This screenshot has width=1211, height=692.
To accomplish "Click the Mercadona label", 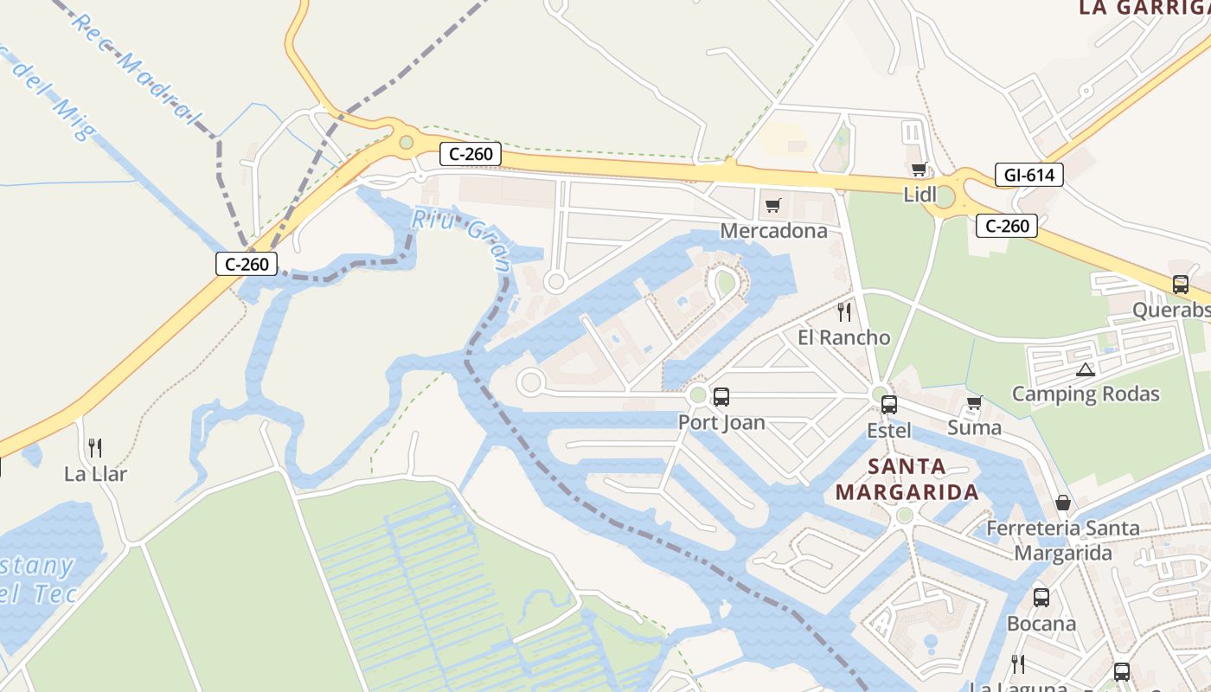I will pyautogui.click(x=773, y=231).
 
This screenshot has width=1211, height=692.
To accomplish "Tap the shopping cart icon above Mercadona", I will pyautogui.click(x=772, y=206).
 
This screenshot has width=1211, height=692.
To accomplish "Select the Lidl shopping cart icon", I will pyautogui.click(x=919, y=170).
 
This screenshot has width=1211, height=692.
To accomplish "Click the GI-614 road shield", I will pyautogui.click(x=1028, y=176).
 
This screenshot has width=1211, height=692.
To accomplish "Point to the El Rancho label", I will pyautogui.click(x=843, y=337).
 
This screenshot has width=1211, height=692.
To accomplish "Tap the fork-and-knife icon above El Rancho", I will pyautogui.click(x=844, y=312).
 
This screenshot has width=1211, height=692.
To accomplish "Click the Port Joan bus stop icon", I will pyautogui.click(x=721, y=397).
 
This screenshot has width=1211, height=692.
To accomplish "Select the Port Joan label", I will pyautogui.click(x=721, y=422).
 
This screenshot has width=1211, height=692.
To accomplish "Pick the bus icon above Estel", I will pyautogui.click(x=888, y=405).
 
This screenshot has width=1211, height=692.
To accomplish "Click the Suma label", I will pyautogui.click(x=974, y=427).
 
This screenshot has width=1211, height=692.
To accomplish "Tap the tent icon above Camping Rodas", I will pyautogui.click(x=1085, y=370).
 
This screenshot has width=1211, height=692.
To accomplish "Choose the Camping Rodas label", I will pyautogui.click(x=1085, y=394).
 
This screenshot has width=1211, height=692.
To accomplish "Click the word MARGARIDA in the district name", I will pyautogui.click(x=907, y=493).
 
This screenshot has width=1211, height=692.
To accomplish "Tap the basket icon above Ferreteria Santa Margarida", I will pyautogui.click(x=1062, y=503).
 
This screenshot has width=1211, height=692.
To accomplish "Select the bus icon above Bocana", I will pyautogui.click(x=1041, y=598).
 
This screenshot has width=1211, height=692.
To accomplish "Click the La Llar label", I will pyautogui.click(x=95, y=474).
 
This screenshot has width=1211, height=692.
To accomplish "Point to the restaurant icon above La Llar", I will pyautogui.click(x=95, y=448).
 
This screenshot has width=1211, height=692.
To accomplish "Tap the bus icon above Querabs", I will pyautogui.click(x=1180, y=285).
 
